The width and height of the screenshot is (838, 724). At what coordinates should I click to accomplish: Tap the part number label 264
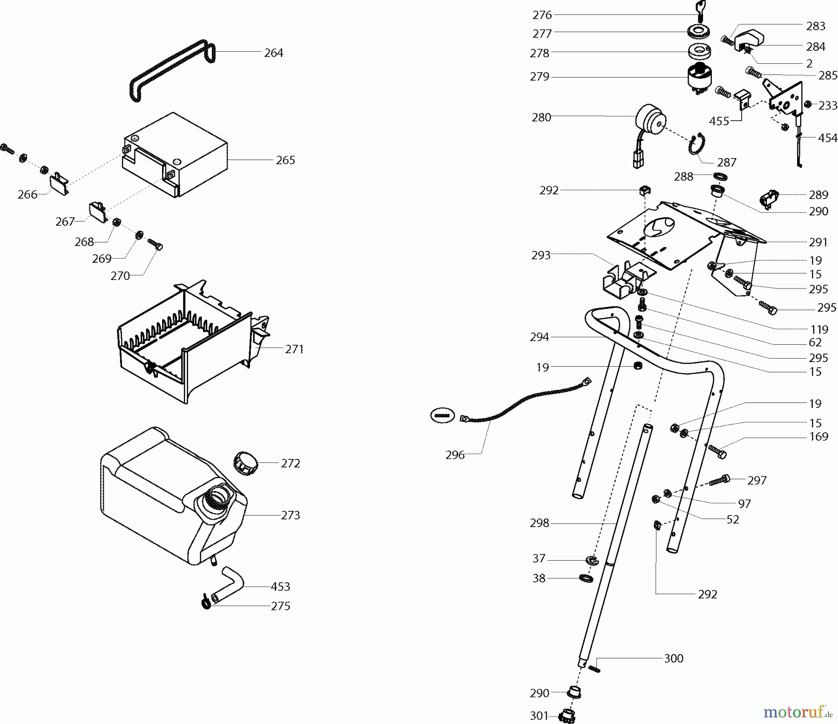(273, 53)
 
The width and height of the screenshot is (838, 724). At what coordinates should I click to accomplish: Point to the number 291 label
(818, 242)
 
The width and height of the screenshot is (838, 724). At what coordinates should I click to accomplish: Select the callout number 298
(540, 523)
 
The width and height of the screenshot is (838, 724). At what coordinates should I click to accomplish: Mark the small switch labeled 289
(769, 198)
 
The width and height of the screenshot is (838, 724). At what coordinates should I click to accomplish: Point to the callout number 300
(674, 658)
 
